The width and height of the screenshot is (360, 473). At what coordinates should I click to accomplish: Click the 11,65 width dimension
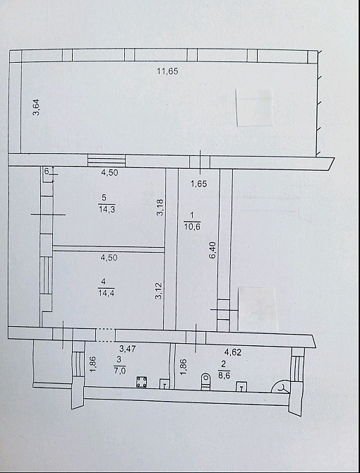point(167,71)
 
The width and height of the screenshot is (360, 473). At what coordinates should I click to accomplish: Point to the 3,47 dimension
point(127,349)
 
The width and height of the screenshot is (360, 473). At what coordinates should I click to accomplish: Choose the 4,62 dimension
point(233,352)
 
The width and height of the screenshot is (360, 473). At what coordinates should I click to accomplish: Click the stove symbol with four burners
point(142,383)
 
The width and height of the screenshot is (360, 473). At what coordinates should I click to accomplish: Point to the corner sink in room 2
point(282,386)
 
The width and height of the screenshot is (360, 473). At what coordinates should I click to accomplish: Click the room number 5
point(104,198)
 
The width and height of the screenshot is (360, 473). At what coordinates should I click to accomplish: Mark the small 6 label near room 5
point(47,172)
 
